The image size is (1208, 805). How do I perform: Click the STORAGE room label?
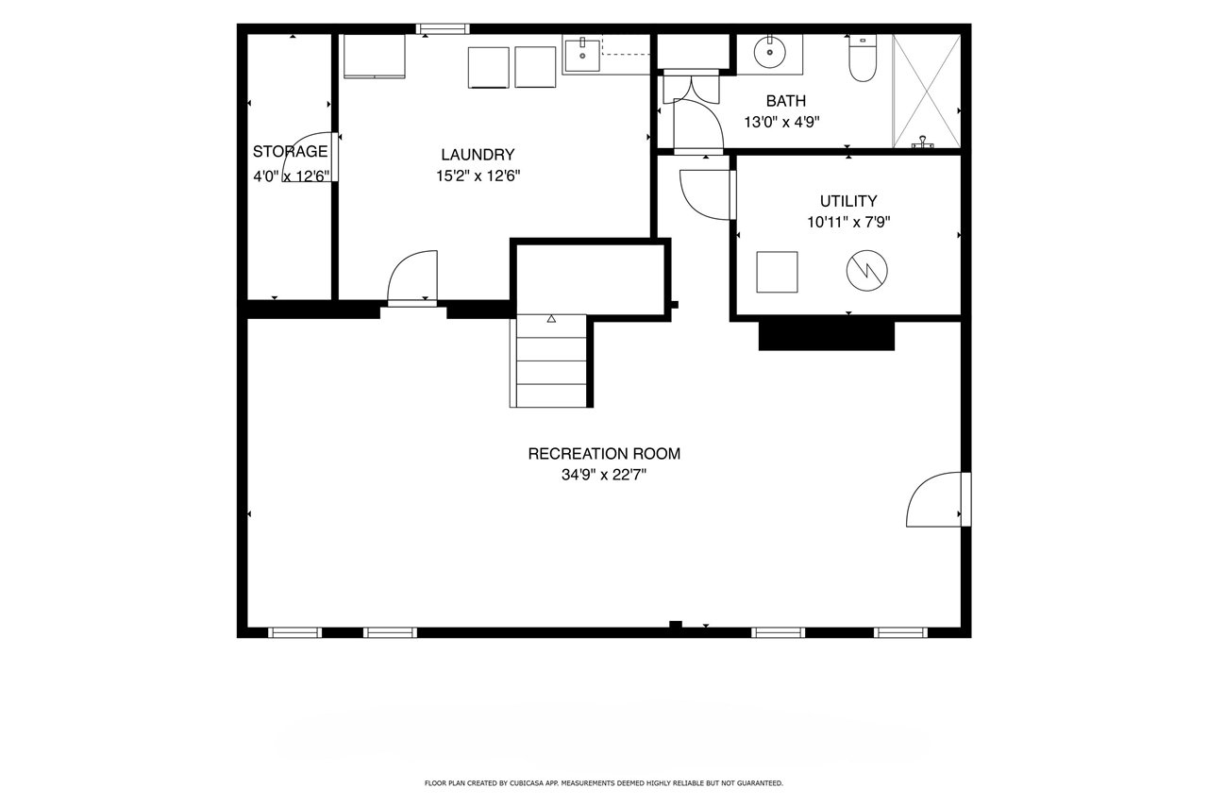point(290,152)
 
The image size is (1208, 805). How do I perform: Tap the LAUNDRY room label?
point(478,155)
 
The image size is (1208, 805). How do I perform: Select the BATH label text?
point(786,101)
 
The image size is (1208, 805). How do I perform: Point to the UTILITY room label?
point(848,201)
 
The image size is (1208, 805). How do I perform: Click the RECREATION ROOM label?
point(604,454)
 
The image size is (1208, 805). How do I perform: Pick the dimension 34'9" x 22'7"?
point(604,475)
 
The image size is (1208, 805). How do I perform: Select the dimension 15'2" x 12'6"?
point(478,176)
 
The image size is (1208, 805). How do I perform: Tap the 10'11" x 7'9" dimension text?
point(848,222)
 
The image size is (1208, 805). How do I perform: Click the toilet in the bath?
point(863,59)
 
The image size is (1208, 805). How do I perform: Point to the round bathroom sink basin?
point(769,52)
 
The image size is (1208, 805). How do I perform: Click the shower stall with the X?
point(927,91)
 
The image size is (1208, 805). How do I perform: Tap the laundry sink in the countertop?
point(582,55)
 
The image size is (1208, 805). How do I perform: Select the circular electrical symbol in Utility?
point(866,271)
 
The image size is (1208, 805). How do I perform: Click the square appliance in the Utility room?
point(777,273)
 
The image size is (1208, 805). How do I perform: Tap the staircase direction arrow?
point(551,319)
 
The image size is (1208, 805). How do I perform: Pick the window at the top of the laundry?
point(443,28)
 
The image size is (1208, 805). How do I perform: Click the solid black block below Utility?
point(827,336)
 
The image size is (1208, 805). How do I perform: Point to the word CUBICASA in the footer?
point(524,783)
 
